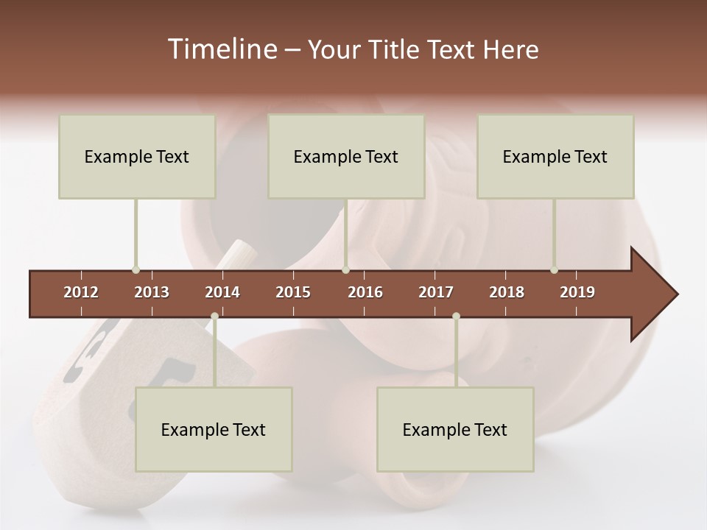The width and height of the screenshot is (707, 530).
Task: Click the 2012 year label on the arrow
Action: pyautogui.click(x=81, y=292)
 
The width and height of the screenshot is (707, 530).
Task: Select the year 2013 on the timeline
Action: pyautogui.click(x=152, y=292)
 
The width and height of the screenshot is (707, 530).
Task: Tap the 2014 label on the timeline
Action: pyautogui.click(x=222, y=292)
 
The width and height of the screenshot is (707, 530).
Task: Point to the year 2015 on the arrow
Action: pyautogui.click(x=293, y=292)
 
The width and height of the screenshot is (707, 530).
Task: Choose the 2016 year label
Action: pyautogui.click(x=365, y=292)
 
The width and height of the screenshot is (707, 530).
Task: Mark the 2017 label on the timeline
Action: pyautogui.click(x=436, y=292)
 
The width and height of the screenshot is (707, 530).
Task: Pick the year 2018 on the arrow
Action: pyautogui.click(x=507, y=292)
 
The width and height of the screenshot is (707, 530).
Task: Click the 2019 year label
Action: pyautogui.click(x=577, y=292)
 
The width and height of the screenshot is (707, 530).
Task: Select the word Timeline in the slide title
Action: pyautogui.click(x=221, y=49)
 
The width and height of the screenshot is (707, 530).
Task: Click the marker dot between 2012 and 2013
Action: pyautogui.click(x=136, y=269)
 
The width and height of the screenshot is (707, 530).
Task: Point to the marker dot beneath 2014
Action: pyautogui.click(x=214, y=317)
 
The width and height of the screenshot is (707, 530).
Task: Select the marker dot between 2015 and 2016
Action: pyautogui.click(x=345, y=269)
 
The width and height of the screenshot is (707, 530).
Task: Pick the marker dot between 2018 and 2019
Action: pyautogui.click(x=554, y=269)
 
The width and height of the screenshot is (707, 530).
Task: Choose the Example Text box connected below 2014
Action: pyautogui.click(x=214, y=429)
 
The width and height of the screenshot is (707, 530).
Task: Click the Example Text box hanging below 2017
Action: pyautogui.click(x=455, y=429)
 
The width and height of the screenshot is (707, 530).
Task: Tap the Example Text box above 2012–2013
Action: pyautogui.click(x=137, y=156)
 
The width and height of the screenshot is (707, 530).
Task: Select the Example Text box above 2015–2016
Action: pyautogui.click(x=346, y=156)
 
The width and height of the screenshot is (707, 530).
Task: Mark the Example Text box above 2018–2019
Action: pyautogui.click(x=555, y=156)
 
